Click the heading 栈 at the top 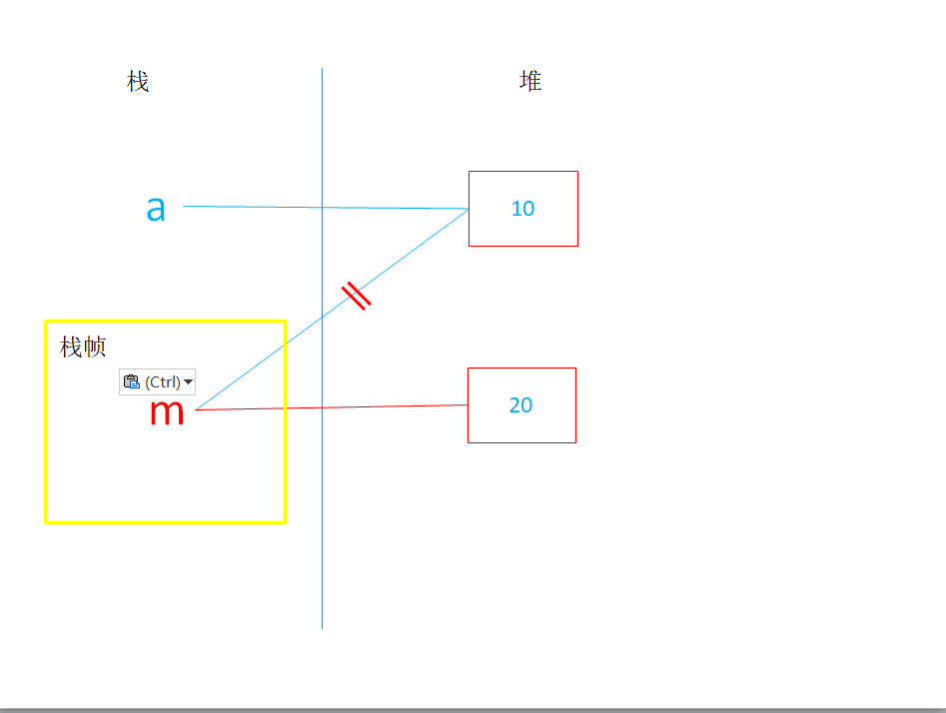coord(138,82)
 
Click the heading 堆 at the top coord(530,81)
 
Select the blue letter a coord(156,208)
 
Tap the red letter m coord(167,410)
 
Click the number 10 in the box coord(522,209)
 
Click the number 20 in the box coord(520,405)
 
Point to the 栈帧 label coord(83,348)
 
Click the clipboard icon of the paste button coord(131,381)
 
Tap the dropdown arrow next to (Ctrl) coord(189,381)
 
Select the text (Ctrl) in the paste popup coord(163,381)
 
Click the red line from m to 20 coord(380,406)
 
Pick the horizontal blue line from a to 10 coord(260,207)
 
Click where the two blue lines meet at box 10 coord(469,209)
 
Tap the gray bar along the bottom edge coord(473,710)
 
